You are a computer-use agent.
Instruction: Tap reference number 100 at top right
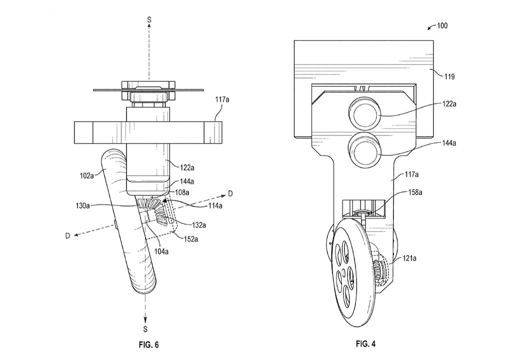click(441, 25)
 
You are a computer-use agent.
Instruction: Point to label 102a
click(86, 175)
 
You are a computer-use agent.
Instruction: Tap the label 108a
click(182, 192)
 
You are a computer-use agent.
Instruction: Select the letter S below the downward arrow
click(145, 329)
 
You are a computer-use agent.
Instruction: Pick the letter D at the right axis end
click(229, 193)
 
